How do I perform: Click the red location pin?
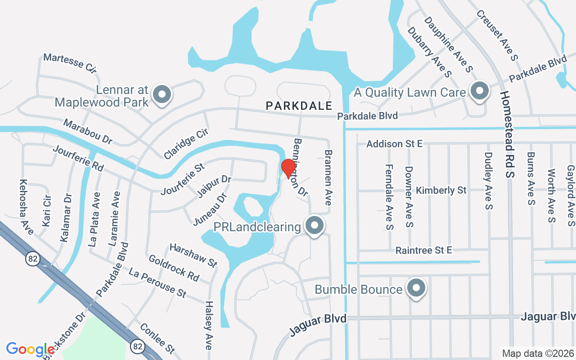click(288, 168)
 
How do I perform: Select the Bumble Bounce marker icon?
click(416, 288)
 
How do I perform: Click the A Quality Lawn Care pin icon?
click(480, 91)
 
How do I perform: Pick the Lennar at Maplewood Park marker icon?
click(162, 95)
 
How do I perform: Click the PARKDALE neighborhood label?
click(299, 106)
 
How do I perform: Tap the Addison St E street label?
click(394, 144)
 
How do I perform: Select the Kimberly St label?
click(441, 190)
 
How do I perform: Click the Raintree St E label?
click(423, 250)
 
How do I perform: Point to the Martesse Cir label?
click(70, 63)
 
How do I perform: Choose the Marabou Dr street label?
click(88, 131)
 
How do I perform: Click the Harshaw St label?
click(193, 255)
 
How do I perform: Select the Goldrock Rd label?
click(174, 268)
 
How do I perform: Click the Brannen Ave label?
click(328, 178)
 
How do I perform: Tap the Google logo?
click(31, 349)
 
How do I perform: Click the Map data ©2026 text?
click(538, 353)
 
